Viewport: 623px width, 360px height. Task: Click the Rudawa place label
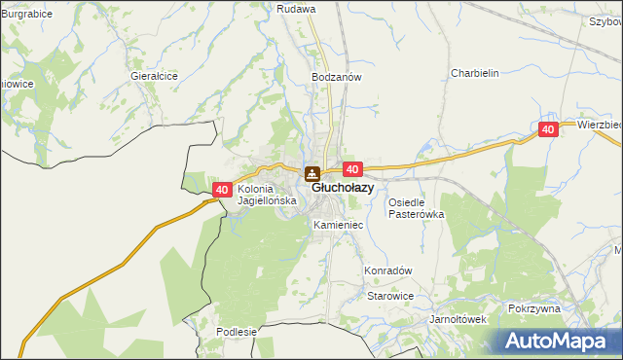[296, 8]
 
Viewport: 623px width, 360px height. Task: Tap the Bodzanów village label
[337, 77]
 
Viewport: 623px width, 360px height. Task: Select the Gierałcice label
[154, 75]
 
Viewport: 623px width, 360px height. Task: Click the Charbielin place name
[474, 72]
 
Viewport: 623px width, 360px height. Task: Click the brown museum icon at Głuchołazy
[312, 175]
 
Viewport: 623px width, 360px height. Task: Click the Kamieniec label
[338, 225]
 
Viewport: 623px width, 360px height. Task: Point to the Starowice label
[389, 296]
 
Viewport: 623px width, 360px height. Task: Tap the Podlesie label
[237, 331]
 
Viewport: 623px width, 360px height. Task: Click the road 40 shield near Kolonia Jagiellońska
[222, 190]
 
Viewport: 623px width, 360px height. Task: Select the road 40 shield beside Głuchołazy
[353, 169]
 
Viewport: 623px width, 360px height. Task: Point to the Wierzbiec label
[599, 125]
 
